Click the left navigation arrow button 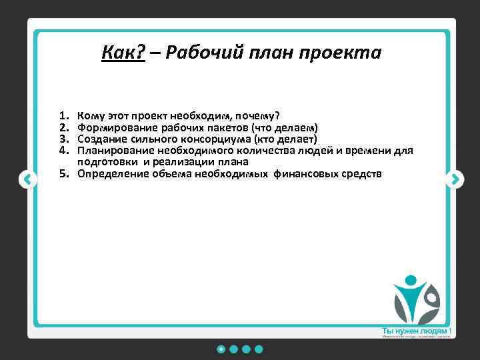[27, 179]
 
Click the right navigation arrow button [454, 179]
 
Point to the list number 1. [64, 116]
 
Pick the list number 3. [64, 139]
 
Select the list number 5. [64, 174]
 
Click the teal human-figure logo [415, 299]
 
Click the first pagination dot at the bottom [221, 349]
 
